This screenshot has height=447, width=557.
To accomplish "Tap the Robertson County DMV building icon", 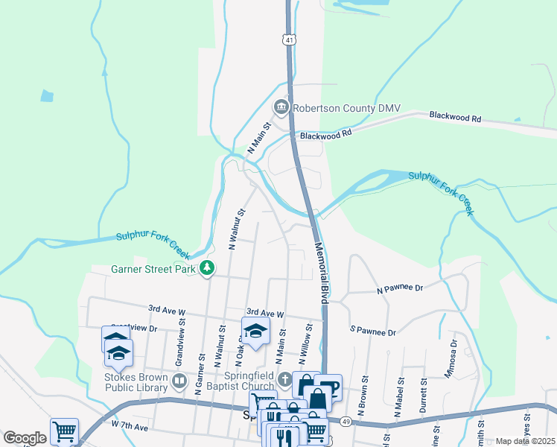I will [x=281, y=108].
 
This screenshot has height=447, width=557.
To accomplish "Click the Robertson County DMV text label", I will [x=346, y=108].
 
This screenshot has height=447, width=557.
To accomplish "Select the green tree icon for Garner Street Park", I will [x=209, y=268].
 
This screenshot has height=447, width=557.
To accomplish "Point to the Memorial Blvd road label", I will [x=322, y=272].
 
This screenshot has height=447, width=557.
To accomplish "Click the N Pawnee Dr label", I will [x=399, y=288].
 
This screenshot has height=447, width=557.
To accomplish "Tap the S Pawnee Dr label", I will [x=373, y=329].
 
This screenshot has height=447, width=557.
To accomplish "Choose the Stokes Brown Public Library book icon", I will [x=179, y=382].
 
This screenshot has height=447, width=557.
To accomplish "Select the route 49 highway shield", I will [x=346, y=422].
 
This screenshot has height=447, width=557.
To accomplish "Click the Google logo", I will [x=25, y=438].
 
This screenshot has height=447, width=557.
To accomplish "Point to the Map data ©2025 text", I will [x=525, y=441].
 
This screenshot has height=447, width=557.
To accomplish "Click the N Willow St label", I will [x=306, y=340].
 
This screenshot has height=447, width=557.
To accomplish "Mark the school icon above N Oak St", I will [x=255, y=332].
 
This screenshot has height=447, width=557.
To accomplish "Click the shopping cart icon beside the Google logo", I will [x=64, y=430].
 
